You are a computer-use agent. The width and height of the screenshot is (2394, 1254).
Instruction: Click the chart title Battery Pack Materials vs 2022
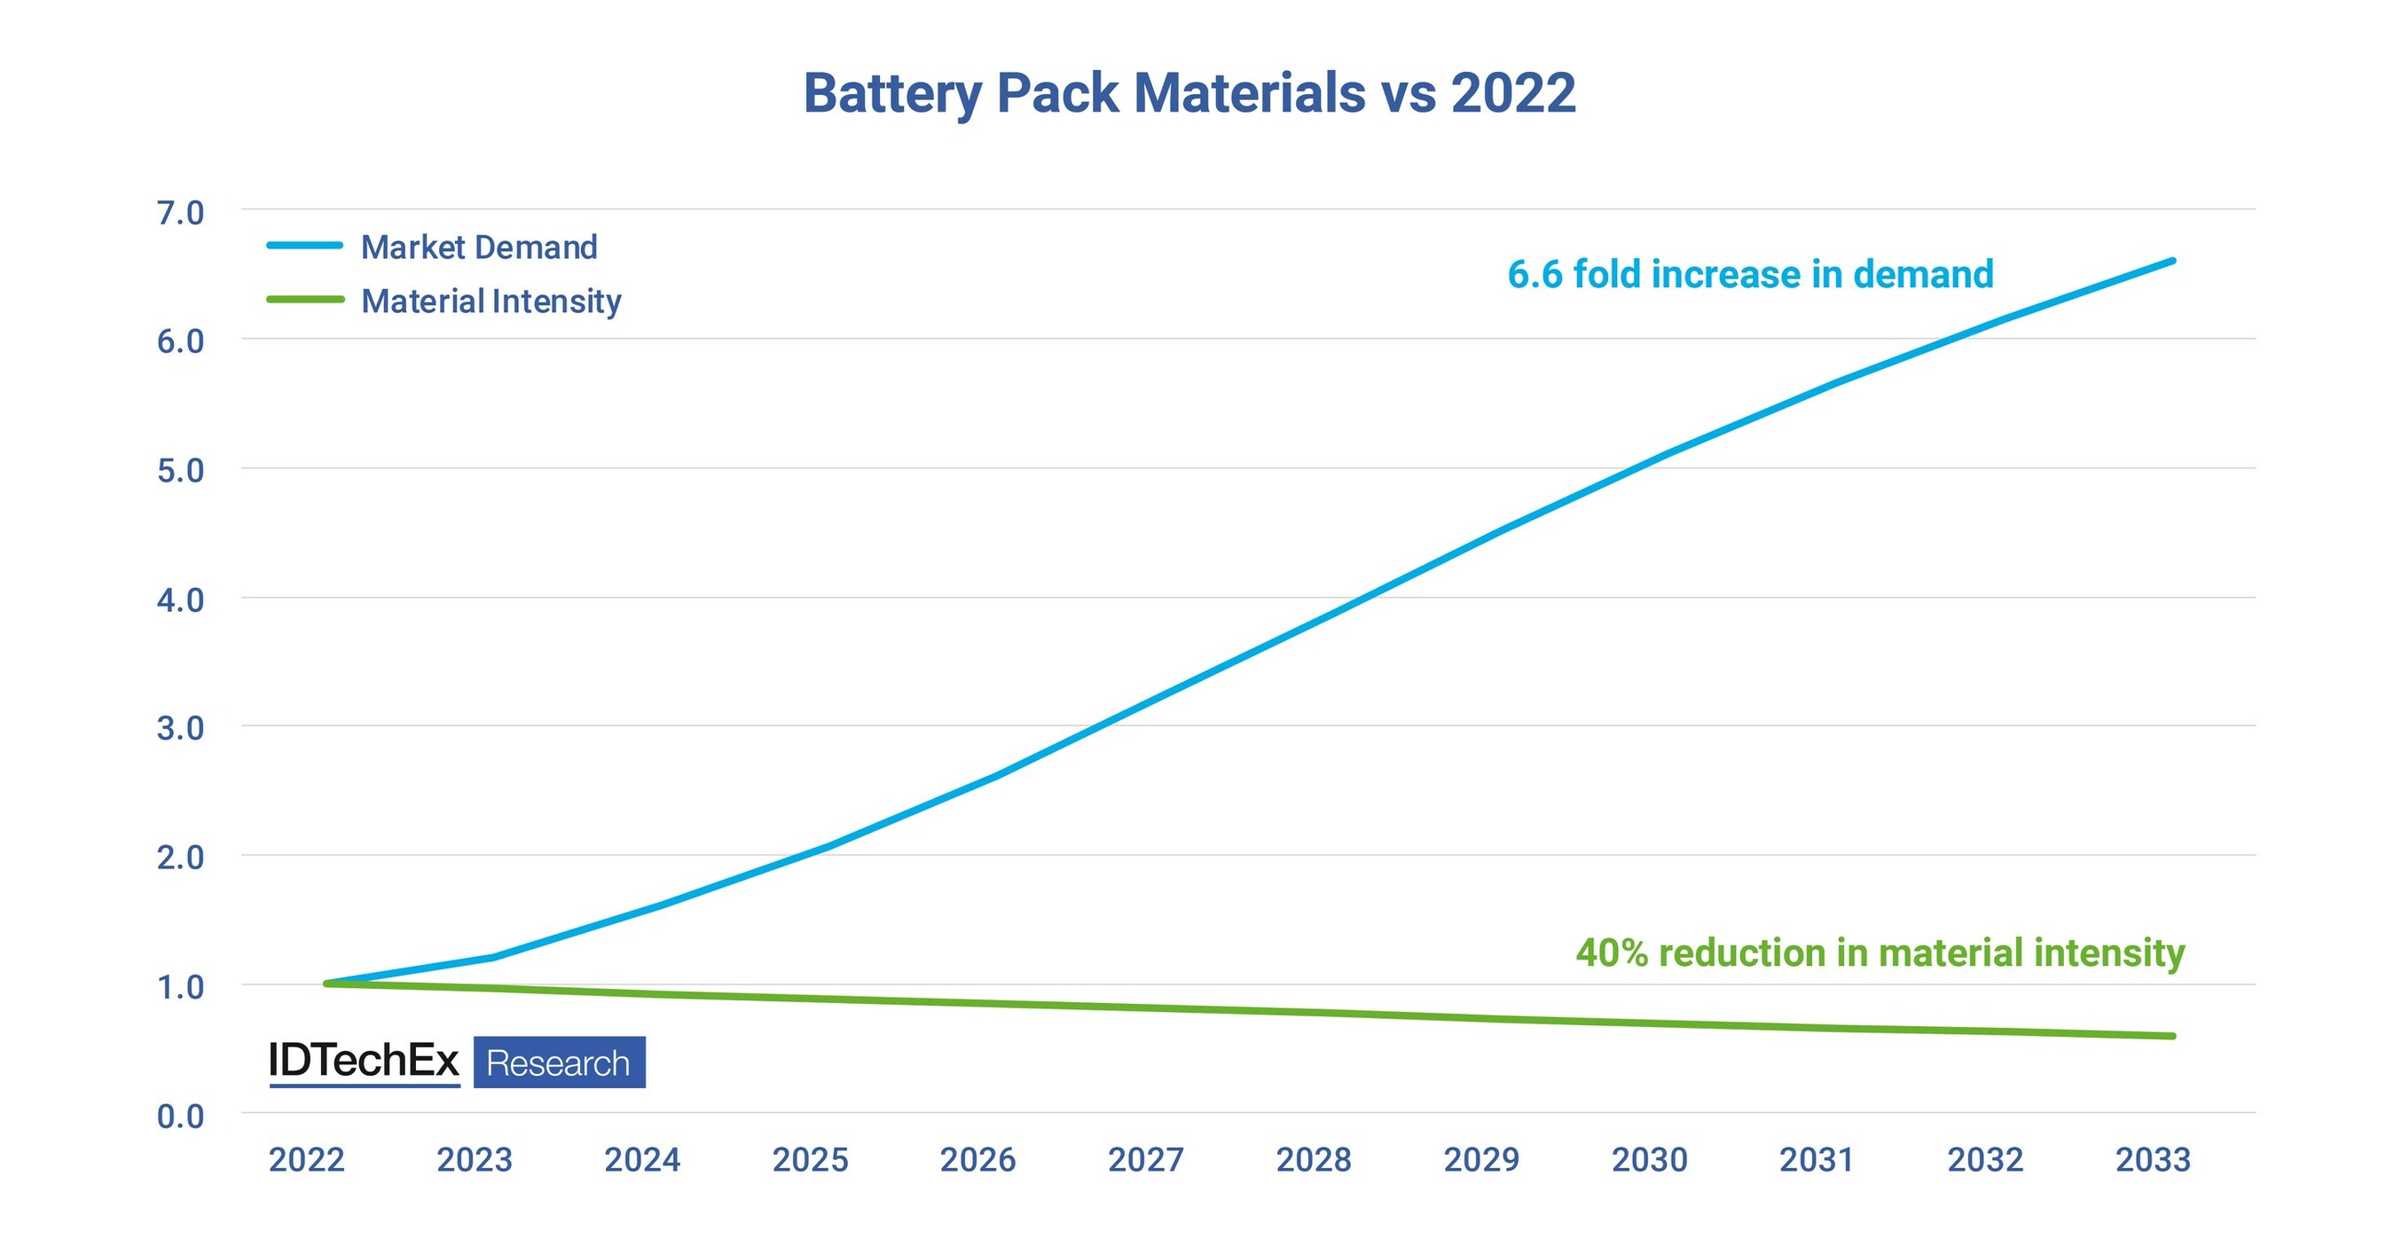point(1189,93)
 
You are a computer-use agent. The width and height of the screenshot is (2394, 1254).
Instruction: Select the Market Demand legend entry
point(479,247)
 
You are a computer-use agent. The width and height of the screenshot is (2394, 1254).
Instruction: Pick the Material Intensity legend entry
point(491,301)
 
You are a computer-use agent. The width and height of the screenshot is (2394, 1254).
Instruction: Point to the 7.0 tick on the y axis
point(180,213)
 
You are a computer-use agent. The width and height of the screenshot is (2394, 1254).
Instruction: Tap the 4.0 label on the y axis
point(180,600)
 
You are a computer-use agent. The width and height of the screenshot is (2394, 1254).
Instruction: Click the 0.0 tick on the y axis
point(180,1116)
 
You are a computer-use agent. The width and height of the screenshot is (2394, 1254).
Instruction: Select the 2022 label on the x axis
point(307,1159)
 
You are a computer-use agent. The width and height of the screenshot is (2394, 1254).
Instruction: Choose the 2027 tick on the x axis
point(1146,1159)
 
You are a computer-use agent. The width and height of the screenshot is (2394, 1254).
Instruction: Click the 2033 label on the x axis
point(2154,1159)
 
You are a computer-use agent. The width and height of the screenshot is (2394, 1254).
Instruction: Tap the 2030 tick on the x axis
point(1650,1159)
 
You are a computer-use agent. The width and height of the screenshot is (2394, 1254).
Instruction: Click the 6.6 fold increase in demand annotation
point(1750,274)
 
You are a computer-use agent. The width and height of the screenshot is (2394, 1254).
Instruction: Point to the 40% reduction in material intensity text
point(1880,953)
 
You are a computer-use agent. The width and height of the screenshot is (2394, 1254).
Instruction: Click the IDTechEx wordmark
point(364,1061)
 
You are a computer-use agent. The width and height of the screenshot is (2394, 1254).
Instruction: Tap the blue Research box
point(560,1062)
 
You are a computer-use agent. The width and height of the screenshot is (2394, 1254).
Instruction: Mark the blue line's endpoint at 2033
point(2173,261)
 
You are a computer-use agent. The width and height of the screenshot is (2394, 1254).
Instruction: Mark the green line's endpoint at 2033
point(2173,1036)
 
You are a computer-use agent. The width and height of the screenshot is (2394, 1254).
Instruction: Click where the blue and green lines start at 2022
point(326,983)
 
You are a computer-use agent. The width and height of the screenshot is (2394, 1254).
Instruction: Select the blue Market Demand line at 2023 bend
point(492,957)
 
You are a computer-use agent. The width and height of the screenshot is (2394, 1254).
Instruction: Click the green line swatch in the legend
point(305,299)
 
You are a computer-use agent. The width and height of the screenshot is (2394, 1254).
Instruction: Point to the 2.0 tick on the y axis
point(180,858)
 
